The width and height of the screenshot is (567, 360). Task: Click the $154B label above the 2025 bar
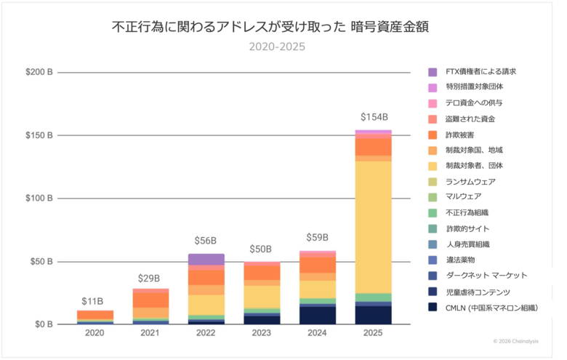[x=374, y=117]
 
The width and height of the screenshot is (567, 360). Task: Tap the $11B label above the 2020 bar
[x=92, y=300]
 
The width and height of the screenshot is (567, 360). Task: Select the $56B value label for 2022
[x=206, y=241]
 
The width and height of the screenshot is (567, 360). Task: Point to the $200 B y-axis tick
[x=39, y=72]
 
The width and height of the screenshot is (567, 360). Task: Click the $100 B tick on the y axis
[x=39, y=198]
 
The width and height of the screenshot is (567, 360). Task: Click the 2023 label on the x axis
[x=262, y=333]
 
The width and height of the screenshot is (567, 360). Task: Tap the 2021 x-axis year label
[x=150, y=333]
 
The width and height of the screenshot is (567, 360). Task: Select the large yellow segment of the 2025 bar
[x=373, y=225]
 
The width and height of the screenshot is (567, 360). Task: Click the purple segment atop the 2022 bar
[x=206, y=259]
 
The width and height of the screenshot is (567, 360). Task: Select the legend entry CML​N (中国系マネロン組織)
[x=491, y=308]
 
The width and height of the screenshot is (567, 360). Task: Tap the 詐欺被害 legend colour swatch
[x=433, y=135]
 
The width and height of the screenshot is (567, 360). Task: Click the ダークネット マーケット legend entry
[x=486, y=276]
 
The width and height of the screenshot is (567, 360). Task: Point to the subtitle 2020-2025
[x=277, y=47]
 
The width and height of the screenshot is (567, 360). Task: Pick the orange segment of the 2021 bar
[x=150, y=300]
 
